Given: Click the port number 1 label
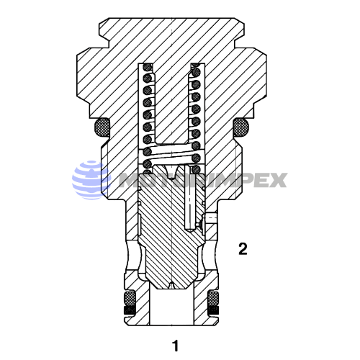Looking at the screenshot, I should (x=175, y=344).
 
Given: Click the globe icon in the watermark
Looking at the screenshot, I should (x=90, y=180).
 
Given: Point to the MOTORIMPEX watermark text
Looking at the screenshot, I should (x=202, y=180).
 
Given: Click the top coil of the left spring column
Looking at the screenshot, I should (x=150, y=70).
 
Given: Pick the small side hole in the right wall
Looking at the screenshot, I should (x=210, y=216).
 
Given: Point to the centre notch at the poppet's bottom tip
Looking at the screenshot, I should (x=173, y=286).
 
